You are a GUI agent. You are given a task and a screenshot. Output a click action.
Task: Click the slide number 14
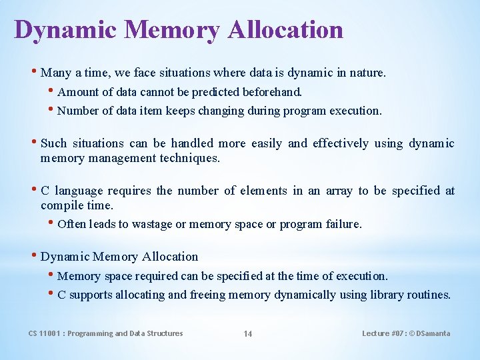(x=247, y=334)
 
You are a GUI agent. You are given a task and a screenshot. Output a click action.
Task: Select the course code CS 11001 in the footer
(x=45, y=333)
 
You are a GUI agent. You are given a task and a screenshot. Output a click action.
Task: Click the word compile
(x=61, y=206)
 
